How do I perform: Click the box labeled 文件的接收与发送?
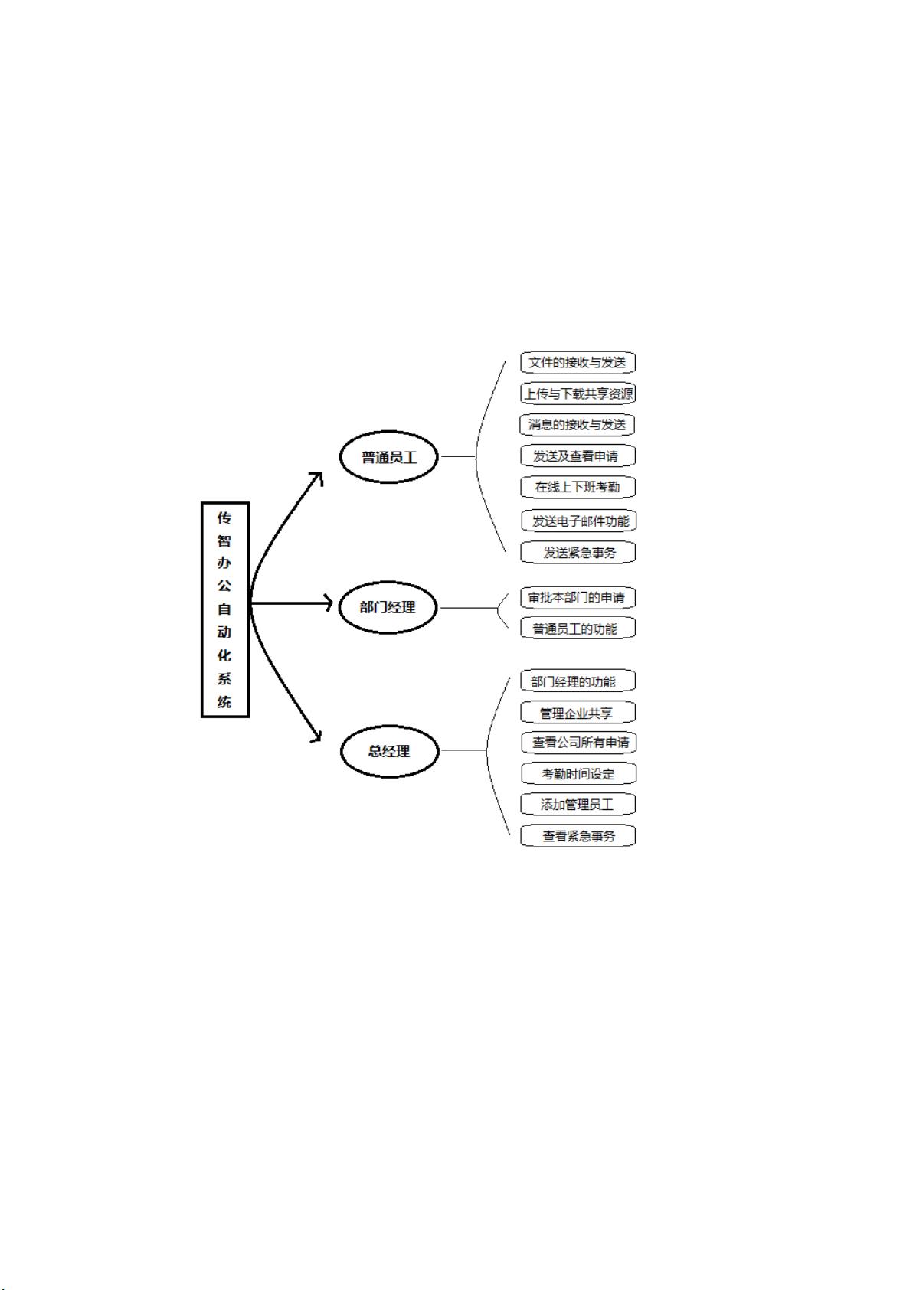click(x=578, y=363)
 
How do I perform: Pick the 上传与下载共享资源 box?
click(x=578, y=394)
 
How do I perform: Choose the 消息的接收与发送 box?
click(x=578, y=425)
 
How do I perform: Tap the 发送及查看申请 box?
click(x=578, y=456)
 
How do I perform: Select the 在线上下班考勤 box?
click(x=578, y=487)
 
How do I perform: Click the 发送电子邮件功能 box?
click(x=579, y=521)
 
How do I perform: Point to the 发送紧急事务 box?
click(x=578, y=553)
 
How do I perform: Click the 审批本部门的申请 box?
click(x=578, y=598)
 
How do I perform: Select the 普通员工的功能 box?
click(x=578, y=629)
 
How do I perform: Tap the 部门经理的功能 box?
click(x=578, y=681)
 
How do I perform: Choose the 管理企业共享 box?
click(x=578, y=713)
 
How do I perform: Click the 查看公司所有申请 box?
click(x=579, y=743)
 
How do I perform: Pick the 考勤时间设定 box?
click(x=579, y=774)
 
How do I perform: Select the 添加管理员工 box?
click(x=578, y=805)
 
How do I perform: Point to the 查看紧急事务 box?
click(x=578, y=836)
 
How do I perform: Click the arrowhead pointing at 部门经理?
click(x=329, y=603)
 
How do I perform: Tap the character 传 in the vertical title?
click(x=224, y=518)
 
